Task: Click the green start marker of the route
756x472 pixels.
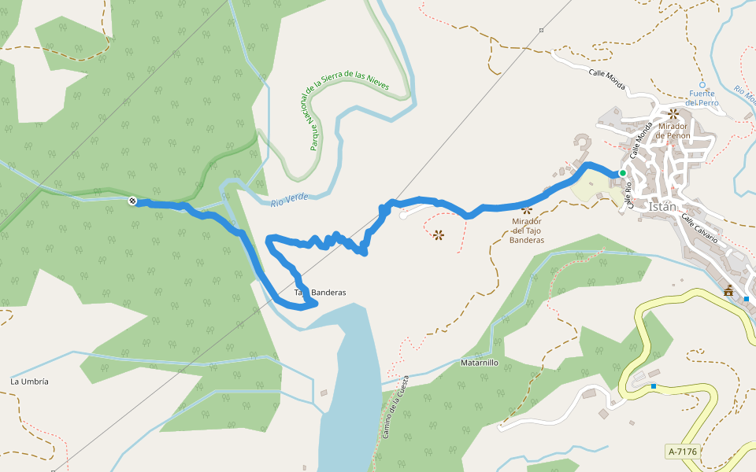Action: [622, 173]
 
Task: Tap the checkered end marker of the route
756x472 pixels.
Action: [132, 201]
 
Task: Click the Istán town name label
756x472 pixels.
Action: [663, 206]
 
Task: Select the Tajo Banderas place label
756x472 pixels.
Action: [321, 293]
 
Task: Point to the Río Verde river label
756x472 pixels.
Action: [289, 200]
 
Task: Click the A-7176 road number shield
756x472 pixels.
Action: [682, 452]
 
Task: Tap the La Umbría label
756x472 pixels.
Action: [29, 382]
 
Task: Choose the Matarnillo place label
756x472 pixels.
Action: [479, 363]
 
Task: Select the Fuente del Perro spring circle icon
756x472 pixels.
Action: [702, 85]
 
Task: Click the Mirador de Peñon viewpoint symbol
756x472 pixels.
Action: [673, 114]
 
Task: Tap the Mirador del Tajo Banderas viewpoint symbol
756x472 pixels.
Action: [527, 210]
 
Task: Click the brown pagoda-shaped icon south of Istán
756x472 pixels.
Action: [728, 291]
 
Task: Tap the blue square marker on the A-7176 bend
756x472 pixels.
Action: [654, 385]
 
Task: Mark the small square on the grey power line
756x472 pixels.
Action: [542, 31]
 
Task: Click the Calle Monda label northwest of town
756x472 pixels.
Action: [606, 79]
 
